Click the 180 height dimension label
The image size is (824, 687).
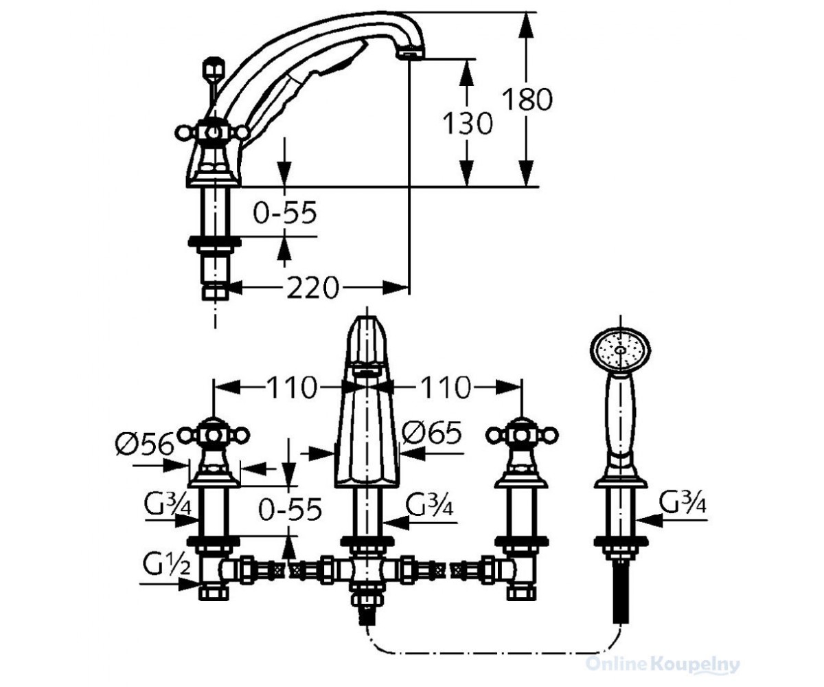pyautogui.click(x=527, y=100)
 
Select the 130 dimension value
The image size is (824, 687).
pyautogui.click(x=468, y=123)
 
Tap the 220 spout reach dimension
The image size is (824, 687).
pyautogui.click(x=312, y=287)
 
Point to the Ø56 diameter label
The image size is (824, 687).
pyautogui.click(x=144, y=443)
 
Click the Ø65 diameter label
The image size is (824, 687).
pyautogui.click(x=431, y=432)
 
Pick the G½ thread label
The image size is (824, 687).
pyautogui.click(x=166, y=564)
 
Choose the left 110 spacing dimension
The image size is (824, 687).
pyautogui.click(x=292, y=387)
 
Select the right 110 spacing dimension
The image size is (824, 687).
pyautogui.click(x=446, y=387)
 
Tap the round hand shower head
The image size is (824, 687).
pyautogui.click(x=620, y=350)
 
